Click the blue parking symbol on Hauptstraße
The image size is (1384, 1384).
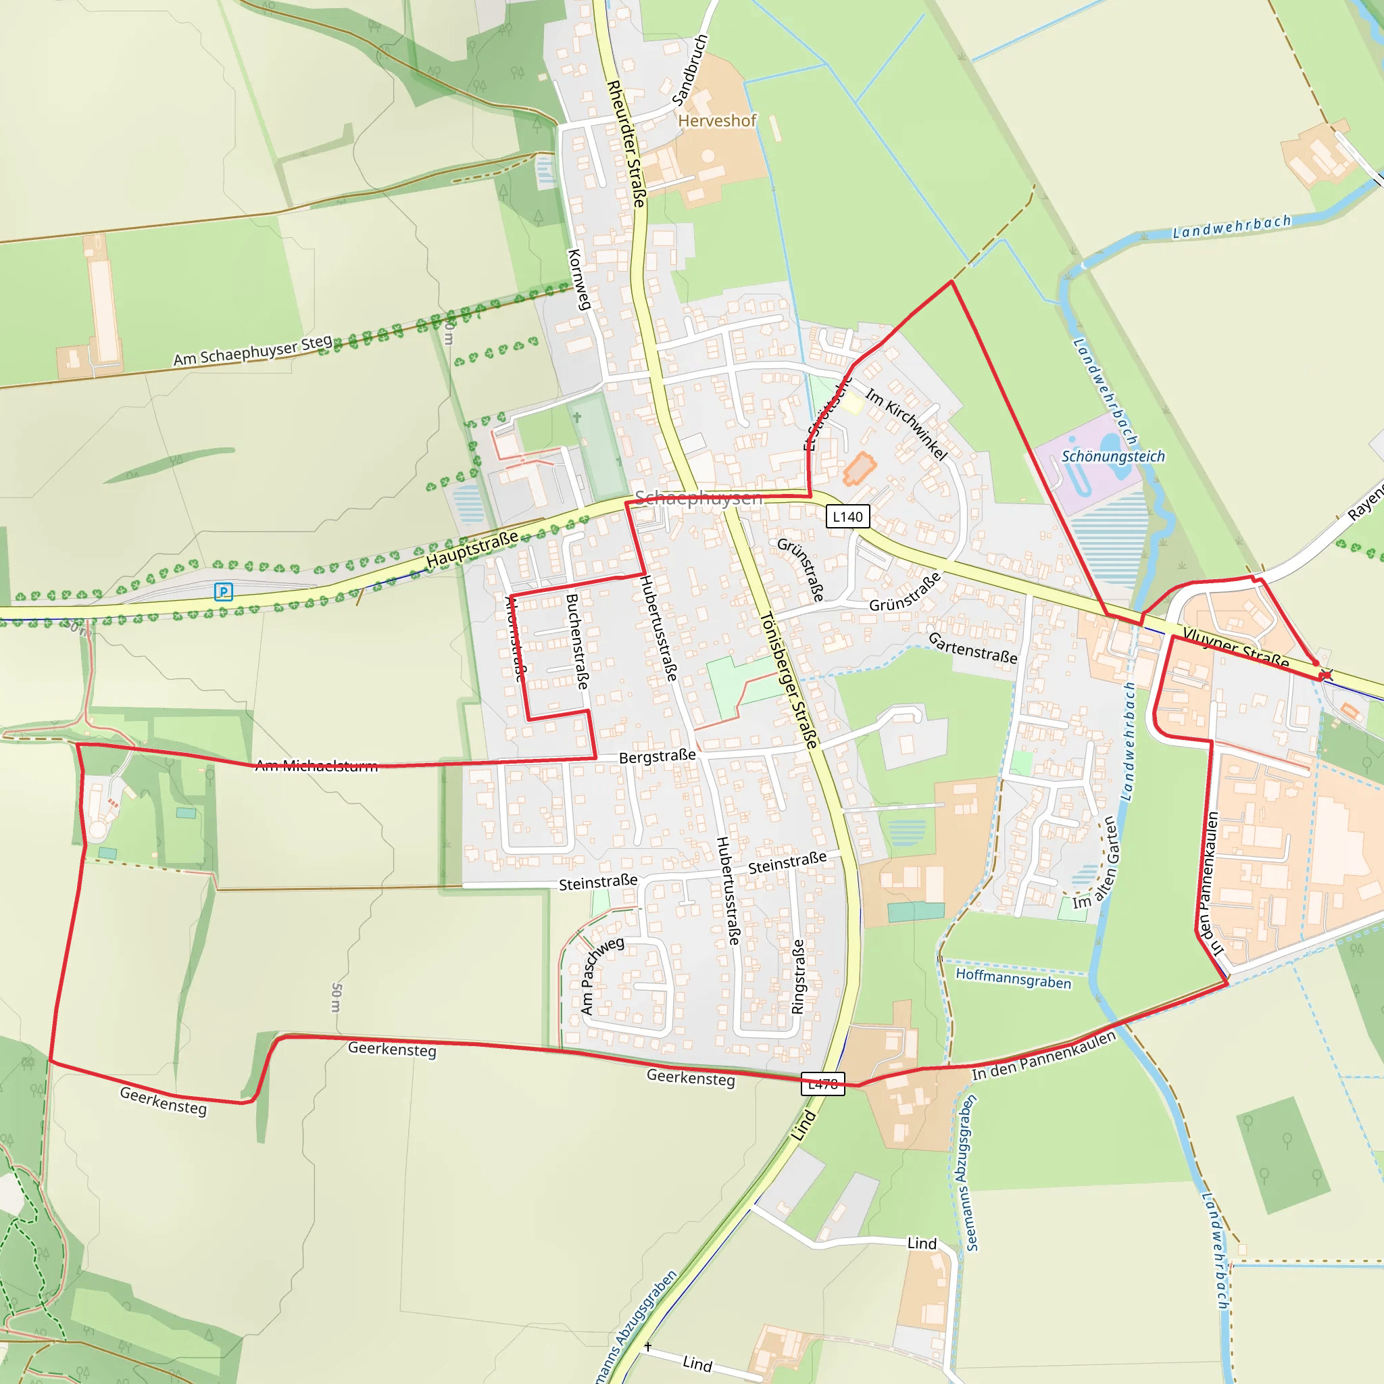224,592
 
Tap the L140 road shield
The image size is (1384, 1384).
847,516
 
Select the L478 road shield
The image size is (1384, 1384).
822,1084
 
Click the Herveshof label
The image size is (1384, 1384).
717,121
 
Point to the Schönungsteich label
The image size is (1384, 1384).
1112,456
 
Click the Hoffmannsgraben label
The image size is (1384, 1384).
1013,978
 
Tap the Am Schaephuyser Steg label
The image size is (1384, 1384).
253,350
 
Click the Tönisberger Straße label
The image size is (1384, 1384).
789,681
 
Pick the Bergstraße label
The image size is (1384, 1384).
657,757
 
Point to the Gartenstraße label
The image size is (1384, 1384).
972,647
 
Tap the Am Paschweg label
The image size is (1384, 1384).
601,976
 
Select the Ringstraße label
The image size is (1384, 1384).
798,977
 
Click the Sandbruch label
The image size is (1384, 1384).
691,70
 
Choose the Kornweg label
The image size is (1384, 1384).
579,279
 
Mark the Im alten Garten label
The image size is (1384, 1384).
1096,862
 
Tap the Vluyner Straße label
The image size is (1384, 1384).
1236,647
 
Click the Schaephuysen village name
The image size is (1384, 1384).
699,498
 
